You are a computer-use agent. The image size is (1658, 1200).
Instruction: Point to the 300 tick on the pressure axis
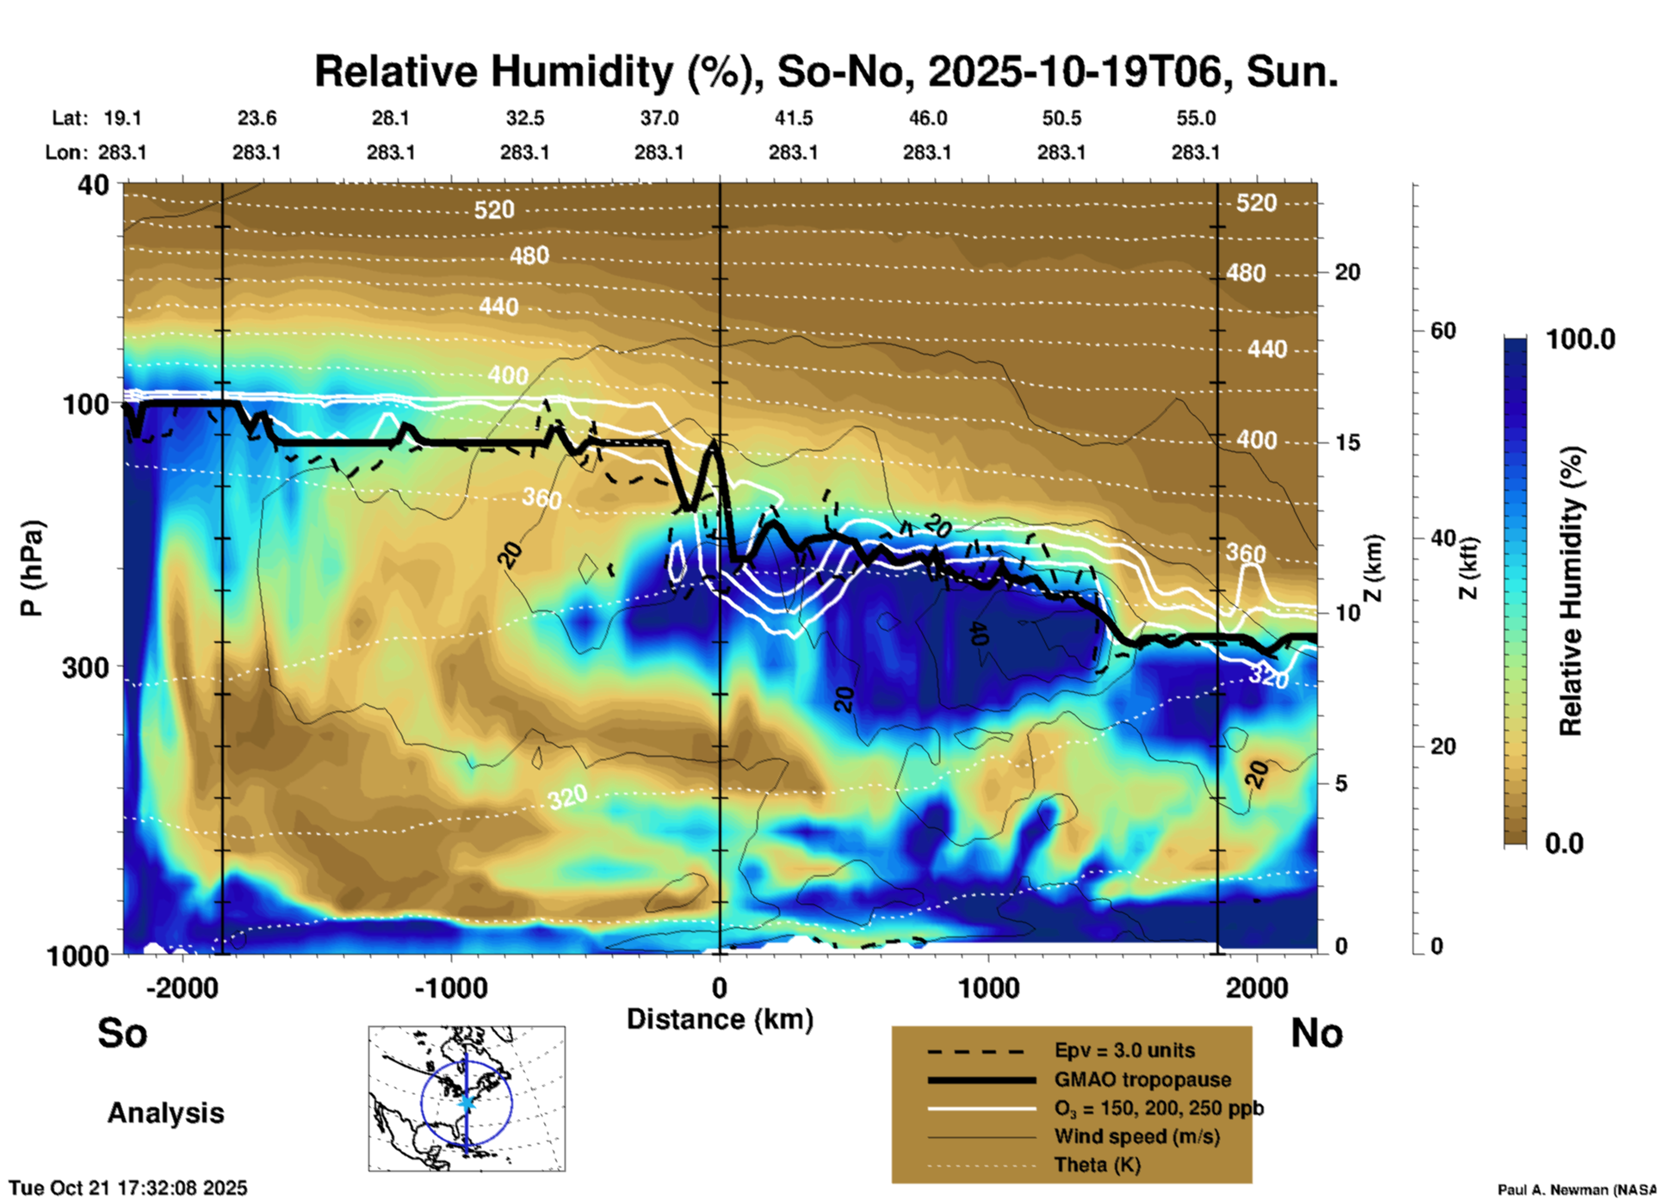click(85, 667)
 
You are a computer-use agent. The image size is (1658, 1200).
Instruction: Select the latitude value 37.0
click(659, 118)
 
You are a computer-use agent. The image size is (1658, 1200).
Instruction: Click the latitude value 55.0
click(1195, 118)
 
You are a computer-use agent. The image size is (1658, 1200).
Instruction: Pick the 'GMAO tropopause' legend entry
click(1142, 1079)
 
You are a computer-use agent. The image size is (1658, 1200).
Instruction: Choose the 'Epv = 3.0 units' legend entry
click(1124, 1050)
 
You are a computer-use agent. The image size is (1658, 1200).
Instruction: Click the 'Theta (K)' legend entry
click(1097, 1165)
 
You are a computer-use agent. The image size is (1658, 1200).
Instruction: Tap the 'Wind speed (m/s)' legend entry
click(1136, 1136)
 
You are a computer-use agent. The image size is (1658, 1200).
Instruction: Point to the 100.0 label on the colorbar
click(1581, 339)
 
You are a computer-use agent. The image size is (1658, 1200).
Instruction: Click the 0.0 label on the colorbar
click(1564, 844)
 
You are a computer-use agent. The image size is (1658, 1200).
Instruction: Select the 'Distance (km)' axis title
click(720, 1019)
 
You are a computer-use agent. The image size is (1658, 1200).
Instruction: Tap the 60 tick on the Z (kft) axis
click(1442, 331)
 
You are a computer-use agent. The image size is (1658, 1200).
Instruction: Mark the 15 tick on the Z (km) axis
click(1347, 442)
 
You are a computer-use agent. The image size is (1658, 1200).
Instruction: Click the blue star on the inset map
click(467, 1102)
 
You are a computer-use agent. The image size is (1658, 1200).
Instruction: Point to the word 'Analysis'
click(165, 1112)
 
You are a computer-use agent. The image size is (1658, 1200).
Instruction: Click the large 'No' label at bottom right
click(1316, 1033)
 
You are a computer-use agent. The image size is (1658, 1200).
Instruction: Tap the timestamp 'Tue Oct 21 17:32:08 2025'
click(128, 1188)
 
